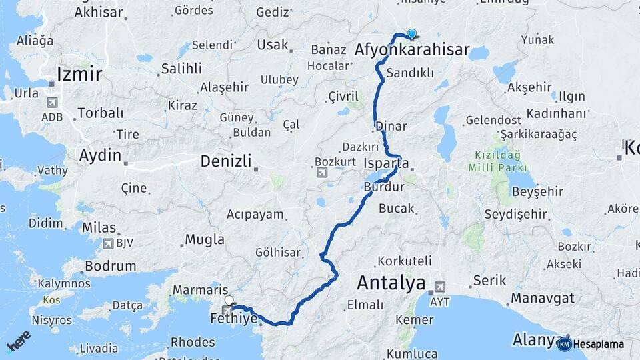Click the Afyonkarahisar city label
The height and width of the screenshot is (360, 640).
point(412,50)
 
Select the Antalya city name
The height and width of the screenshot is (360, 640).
point(391,283)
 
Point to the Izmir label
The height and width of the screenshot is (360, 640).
point(79,73)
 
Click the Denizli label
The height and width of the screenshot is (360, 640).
point(226,161)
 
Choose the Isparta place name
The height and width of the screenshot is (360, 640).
point(387,163)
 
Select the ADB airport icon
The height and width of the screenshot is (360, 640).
point(51,103)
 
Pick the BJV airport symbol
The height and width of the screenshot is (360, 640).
point(107,243)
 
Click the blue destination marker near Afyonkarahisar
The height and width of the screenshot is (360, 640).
point(412,33)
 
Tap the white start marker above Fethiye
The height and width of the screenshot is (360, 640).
point(230,301)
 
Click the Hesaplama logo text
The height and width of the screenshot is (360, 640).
point(598,345)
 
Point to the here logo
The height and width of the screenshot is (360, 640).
point(19,341)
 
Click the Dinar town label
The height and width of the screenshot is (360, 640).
point(391,126)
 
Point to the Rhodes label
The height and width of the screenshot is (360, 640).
point(193,342)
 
